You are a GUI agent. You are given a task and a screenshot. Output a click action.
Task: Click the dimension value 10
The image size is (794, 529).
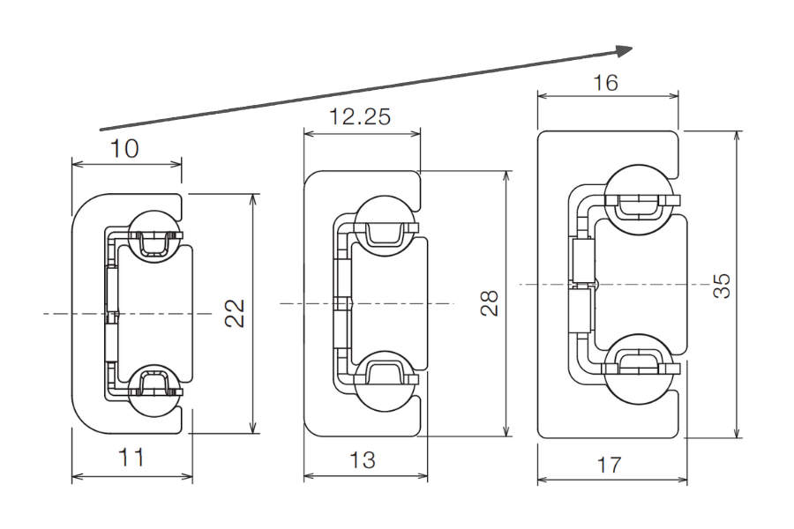125,149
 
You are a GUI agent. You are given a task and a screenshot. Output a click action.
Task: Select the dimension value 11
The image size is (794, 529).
131,458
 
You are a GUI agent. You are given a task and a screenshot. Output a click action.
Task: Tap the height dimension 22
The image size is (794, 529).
233,313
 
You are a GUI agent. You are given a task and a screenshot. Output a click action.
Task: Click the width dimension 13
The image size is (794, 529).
362,459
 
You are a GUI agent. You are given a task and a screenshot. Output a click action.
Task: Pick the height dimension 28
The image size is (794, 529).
490,302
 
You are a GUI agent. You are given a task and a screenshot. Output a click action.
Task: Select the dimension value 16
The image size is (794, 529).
606,84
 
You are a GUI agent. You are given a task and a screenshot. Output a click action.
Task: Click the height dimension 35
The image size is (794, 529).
722,285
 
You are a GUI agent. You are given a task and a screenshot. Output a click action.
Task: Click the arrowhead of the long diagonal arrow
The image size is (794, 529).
624,49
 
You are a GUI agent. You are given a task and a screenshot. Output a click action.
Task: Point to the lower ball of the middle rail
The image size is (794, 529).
385,385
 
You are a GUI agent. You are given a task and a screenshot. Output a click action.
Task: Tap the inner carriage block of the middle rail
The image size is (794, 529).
388,302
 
